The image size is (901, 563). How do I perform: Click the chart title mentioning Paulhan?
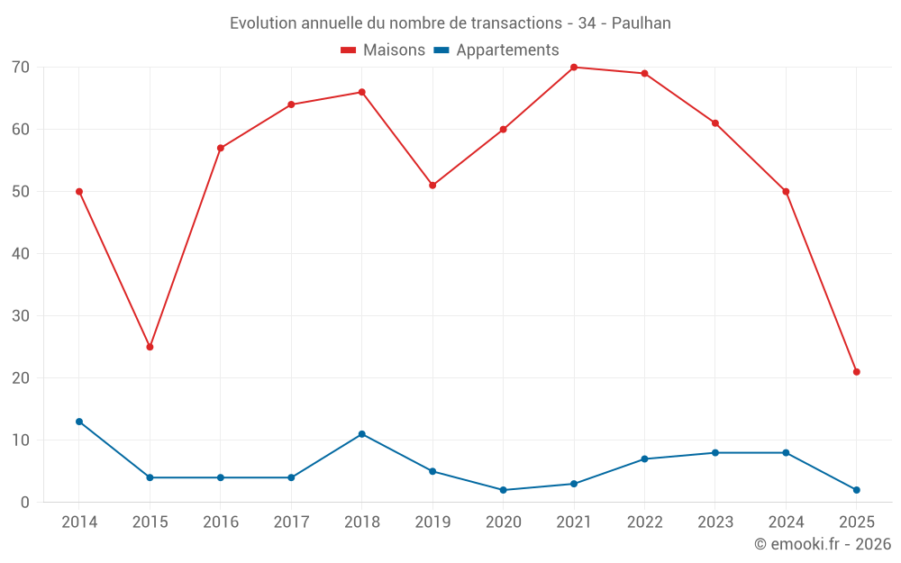point(450,23)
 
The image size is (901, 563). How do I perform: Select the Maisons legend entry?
point(383,50)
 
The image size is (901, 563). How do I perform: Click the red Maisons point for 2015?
point(150,347)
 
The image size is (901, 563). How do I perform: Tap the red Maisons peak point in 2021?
point(574,68)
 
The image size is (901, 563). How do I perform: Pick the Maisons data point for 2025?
point(856,372)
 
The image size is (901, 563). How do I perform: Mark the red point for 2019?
point(432,186)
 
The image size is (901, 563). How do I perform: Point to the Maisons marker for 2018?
point(362,92)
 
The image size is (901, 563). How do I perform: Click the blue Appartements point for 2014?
point(79,422)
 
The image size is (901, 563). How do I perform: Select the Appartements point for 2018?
point(362,434)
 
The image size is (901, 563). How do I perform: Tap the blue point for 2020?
point(503,490)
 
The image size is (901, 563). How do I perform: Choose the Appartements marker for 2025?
point(856,490)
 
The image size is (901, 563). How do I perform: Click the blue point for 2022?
point(644,459)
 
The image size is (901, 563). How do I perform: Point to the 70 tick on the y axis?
point(21,68)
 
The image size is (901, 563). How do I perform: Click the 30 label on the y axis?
point(21,316)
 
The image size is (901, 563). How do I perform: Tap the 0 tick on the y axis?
point(25,503)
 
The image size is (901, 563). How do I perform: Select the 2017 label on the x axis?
point(291,522)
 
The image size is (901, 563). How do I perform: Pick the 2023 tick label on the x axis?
point(714,522)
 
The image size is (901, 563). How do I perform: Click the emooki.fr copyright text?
point(823,544)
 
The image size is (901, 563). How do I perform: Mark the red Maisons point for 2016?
point(221,149)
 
